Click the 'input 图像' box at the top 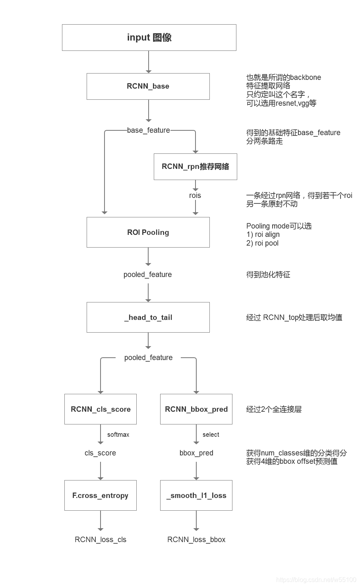[x=149, y=37]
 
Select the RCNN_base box [x=148, y=86]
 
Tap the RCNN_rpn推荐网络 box [x=195, y=167]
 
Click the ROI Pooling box [x=148, y=232]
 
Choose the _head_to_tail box [x=148, y=317]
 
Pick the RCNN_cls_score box [x=101, y=409]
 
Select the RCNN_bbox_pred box [x=196, y=409]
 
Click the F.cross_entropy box [x=101, y=495]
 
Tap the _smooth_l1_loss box [x=196, y=495]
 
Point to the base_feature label [x=148, y=130]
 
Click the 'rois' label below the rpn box [x=195, y=196]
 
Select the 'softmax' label [x=118, y=434]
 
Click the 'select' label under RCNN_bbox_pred [x=211, y=434]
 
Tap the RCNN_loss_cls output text [x=101, y=539]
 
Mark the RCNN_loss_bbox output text [x=196, y=539]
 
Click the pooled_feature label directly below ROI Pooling [x=148, y=275]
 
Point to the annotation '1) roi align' [x=263, y=234]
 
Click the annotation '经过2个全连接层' [x=274, y=409]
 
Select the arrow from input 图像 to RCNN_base [x=149, y=62]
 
